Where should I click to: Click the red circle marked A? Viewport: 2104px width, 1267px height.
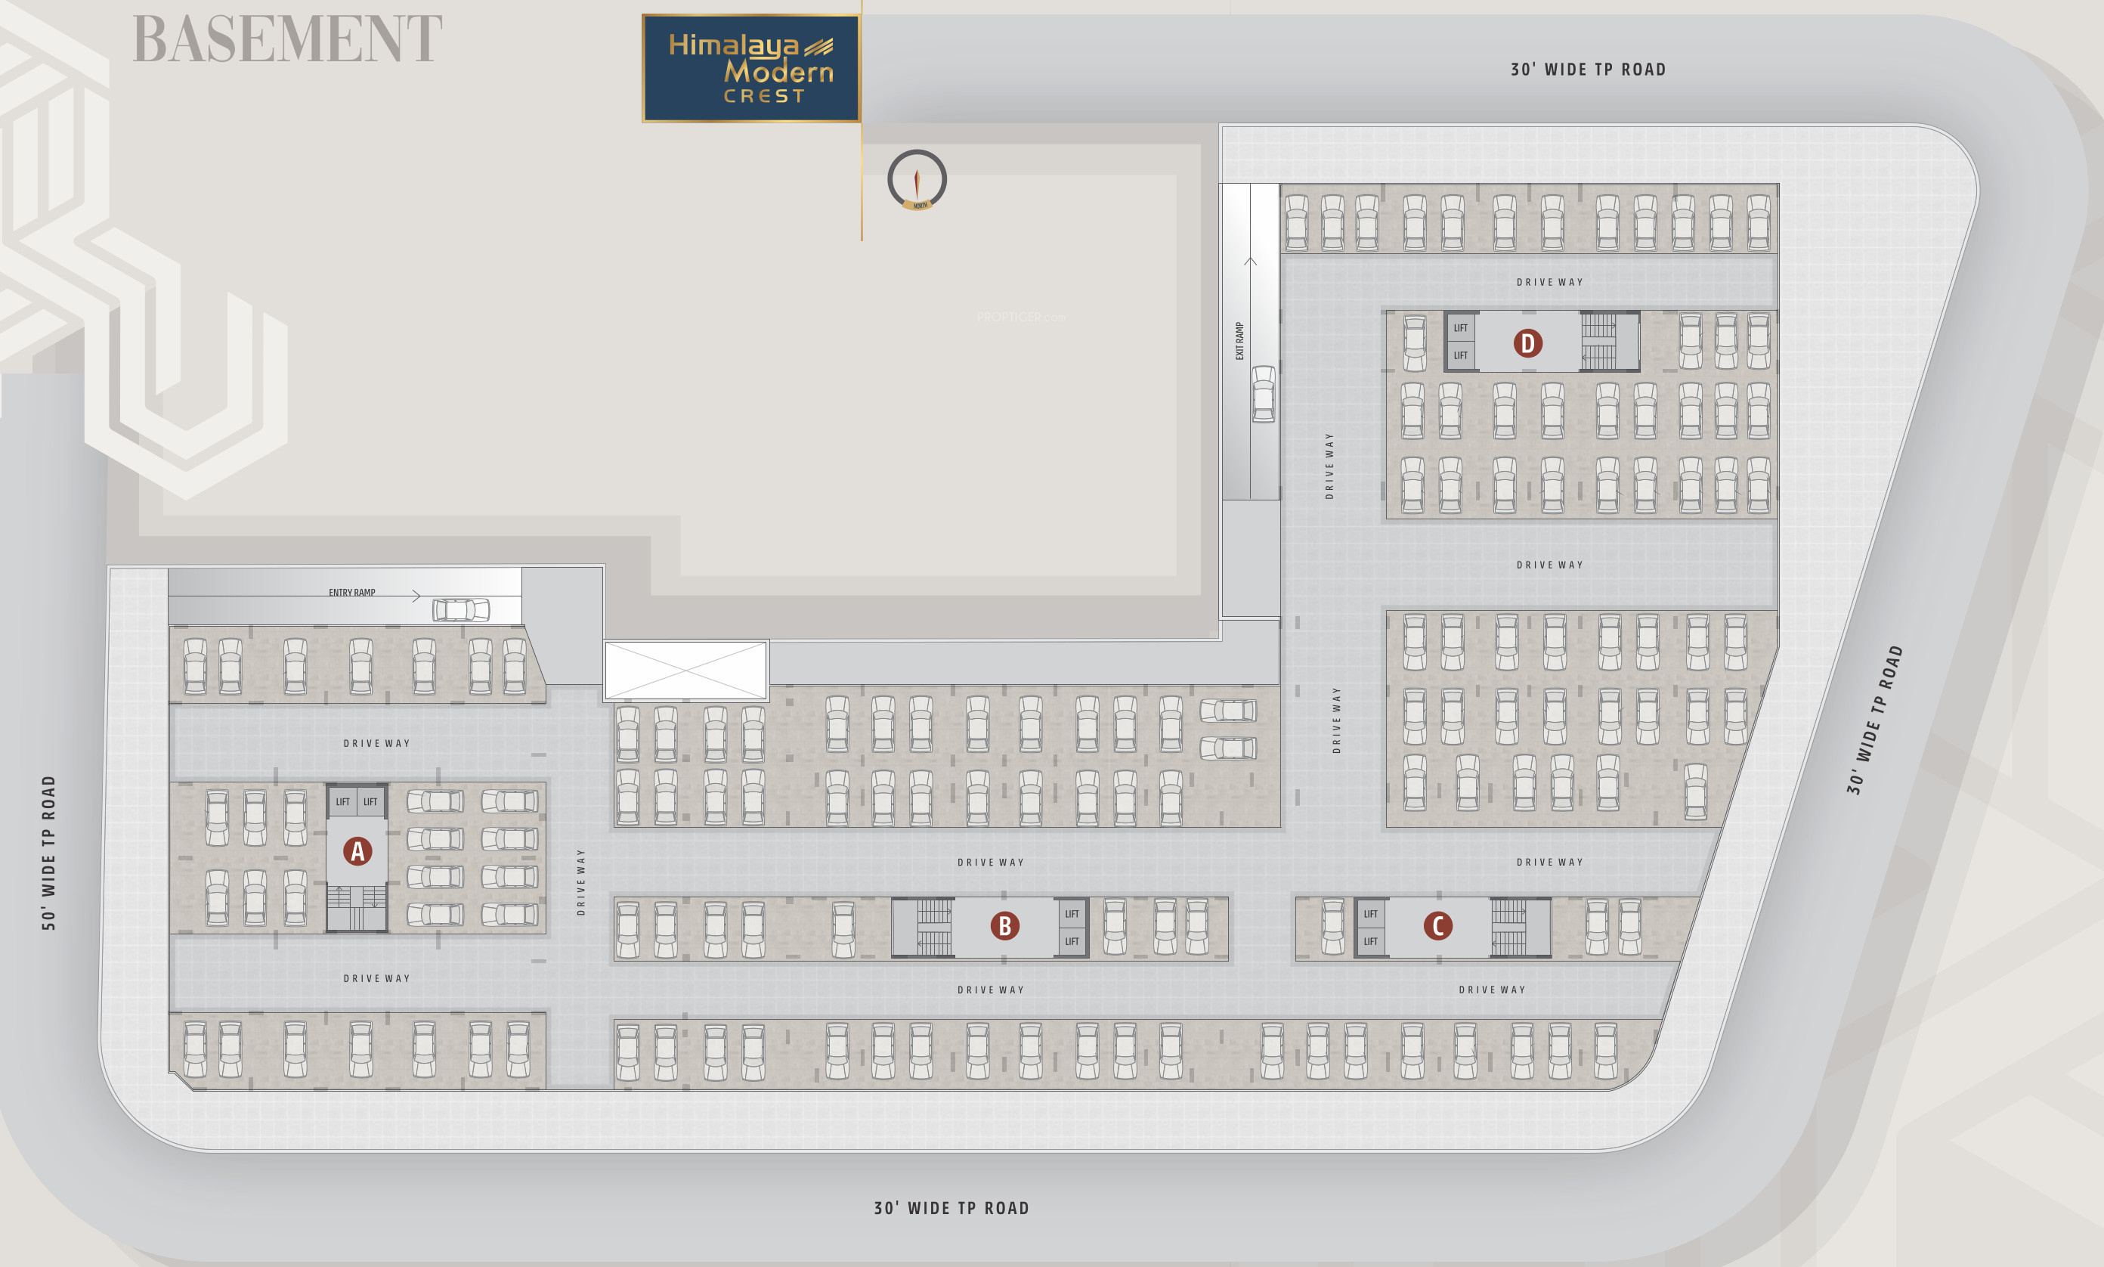point(357,851)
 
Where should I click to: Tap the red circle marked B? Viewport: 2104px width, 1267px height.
point(1004,925)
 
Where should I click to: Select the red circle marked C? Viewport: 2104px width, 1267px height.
point(1437,925)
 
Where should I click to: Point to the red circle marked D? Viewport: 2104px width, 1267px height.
point(1527,343)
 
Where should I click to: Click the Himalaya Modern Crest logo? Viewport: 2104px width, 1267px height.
point(751,68)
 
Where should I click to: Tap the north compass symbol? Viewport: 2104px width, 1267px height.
point(917,180)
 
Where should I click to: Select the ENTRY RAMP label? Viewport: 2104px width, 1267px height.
point(351,593)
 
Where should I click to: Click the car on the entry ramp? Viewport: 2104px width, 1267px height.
point(461,609)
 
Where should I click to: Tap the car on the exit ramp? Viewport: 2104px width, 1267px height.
point(1264,394)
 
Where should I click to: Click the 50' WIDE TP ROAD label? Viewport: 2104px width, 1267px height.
point(48,852)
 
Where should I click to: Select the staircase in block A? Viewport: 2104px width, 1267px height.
point(357,906)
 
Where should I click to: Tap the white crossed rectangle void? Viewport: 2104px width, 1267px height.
point(685,671)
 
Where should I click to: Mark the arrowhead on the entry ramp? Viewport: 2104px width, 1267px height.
point(416,596)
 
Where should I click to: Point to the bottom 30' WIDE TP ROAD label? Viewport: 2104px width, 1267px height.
point(951,1208)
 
